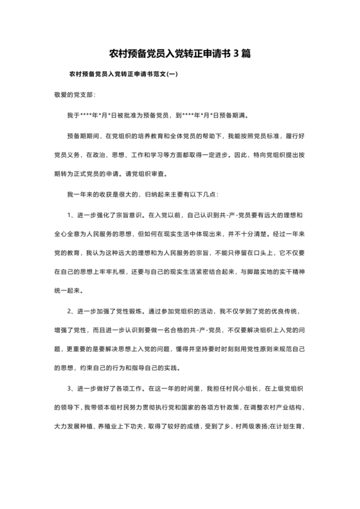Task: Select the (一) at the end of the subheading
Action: [x=171, y=75]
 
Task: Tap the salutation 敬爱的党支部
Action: [x=75, y=94]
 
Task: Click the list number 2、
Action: [x=72, y=311]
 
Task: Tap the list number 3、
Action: [x=72, y=389]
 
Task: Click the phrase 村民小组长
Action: [x=227, y=389]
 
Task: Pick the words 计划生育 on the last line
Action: [x=289, y=425]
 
